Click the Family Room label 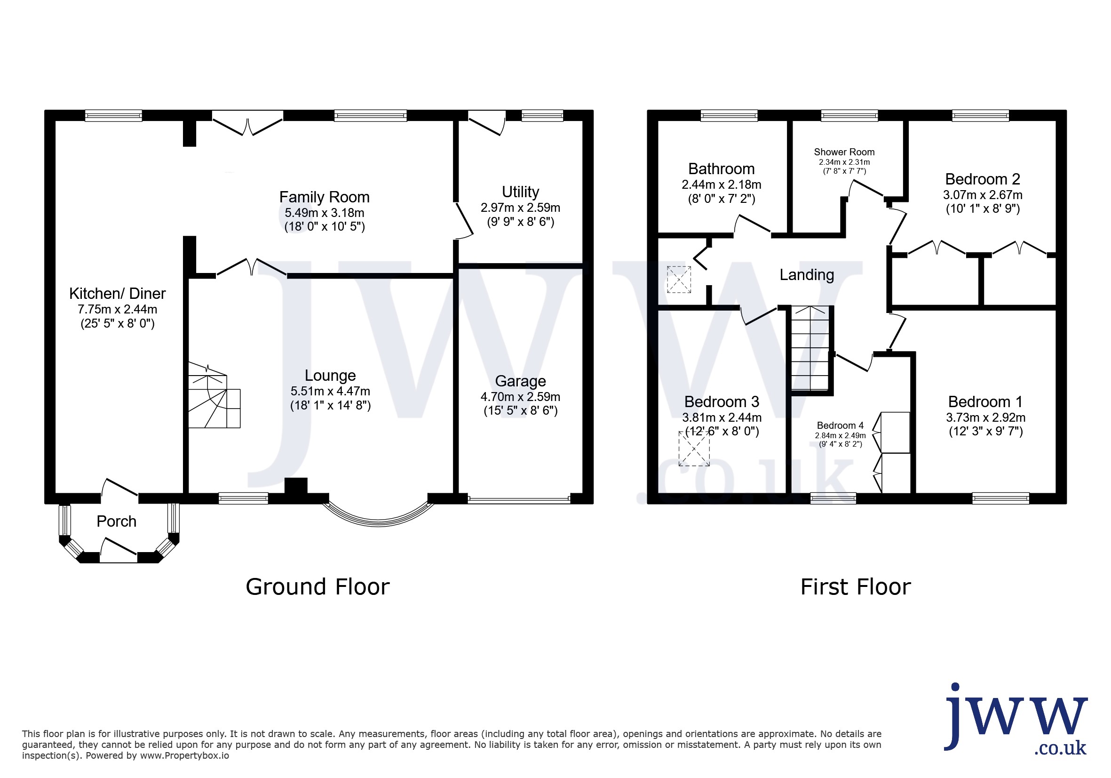point(324,197)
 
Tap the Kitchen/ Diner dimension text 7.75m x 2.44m point(117,309)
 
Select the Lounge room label point(330,375)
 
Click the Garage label point(520,382)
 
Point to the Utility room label point(520,192)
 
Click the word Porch point(116,521)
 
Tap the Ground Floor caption point(317,587)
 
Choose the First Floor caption point(856,587)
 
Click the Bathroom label point(721,168)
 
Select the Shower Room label point(844,152)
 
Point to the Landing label point(807,275)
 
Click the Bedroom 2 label point(982,179)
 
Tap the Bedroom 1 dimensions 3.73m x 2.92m point(986,417)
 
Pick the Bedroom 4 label point(840,425)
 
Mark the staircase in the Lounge point(214,396)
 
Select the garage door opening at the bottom point(519,499)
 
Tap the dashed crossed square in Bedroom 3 point(694,449)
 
